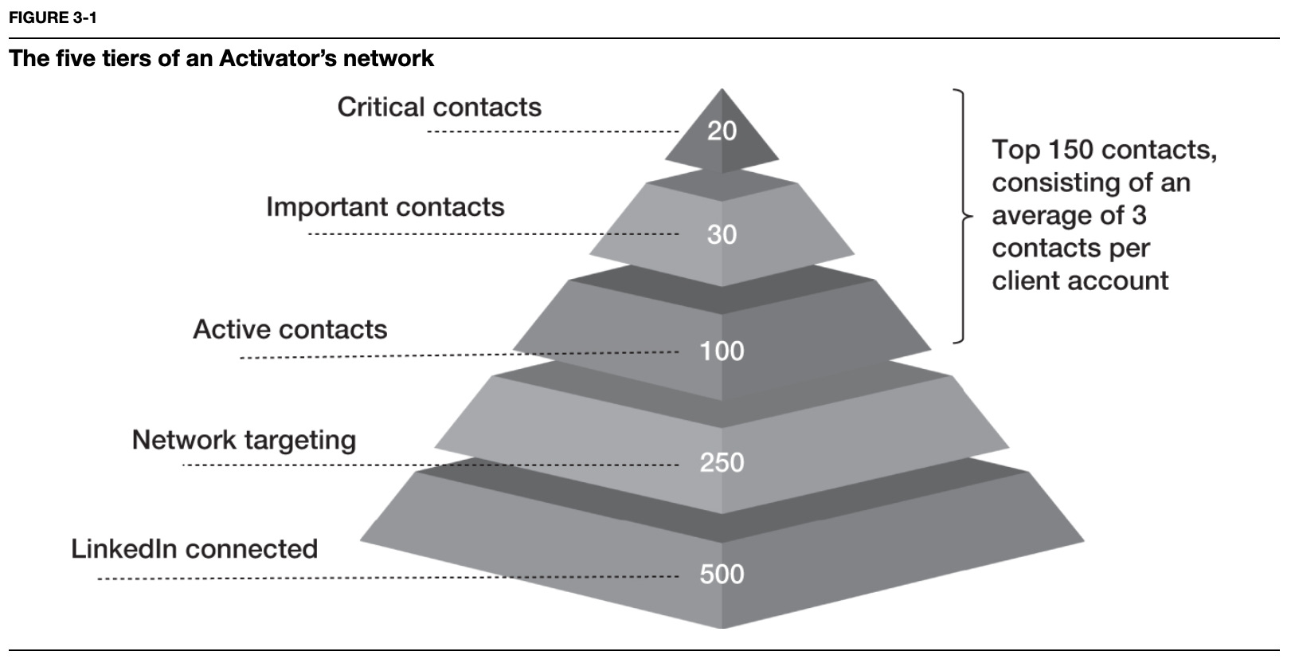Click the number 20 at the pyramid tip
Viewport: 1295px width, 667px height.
pos(722,131)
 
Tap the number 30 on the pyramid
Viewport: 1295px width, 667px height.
pos(722,234)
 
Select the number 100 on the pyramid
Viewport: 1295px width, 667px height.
pos(722,351)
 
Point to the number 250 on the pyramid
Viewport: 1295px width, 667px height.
pos(722,462)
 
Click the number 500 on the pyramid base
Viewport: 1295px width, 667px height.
pos(722,574)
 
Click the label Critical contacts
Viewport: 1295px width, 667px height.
pos(439,107)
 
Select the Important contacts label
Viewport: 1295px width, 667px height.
pos(385,207)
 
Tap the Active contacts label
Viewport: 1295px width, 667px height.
pos(290,329)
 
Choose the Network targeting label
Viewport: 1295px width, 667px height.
pos(244,440)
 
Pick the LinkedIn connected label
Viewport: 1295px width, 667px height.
pos(194,549)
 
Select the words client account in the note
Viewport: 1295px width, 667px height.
pos(1080,281)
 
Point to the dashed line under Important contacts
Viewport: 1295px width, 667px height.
pos(494,234)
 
